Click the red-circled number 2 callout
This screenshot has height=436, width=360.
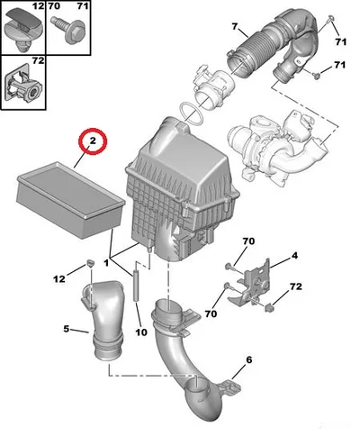click(x=93, y=141)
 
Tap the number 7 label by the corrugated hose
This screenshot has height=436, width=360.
click(x=235, y=26)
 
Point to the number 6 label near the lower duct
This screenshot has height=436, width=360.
click(x=248, y=359)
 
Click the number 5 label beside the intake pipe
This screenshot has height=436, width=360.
click(x=67, y=329)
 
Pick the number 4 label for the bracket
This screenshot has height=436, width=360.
click(x=294, y=256)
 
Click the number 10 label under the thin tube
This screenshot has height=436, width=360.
click(x=141, y=332)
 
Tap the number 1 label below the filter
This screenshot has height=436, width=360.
click(x=106, y=263)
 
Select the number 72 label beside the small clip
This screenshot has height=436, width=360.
click(x=296, y=286)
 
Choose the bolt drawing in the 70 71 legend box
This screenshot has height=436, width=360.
click(x=67, y=30)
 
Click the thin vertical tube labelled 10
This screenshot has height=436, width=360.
click(x=135, y=286)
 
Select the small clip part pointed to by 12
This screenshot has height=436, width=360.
click(x=90, y=264)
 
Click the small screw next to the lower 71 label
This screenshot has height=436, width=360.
click(x=315, y=76)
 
